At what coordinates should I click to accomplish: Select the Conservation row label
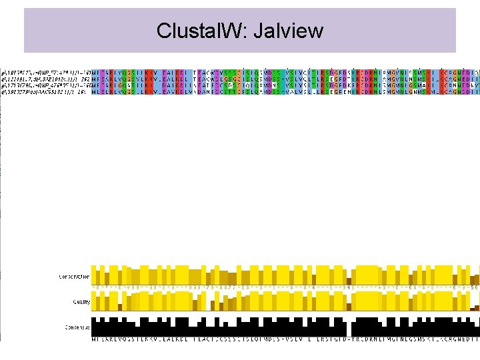point(74,276)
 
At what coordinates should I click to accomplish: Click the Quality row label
point(81,301)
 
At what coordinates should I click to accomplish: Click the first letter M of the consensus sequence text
point(94,339)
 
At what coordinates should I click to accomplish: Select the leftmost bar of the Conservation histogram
point(94,275)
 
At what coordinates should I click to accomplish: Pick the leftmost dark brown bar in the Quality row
point(120,307)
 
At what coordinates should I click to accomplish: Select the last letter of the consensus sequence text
point(477,339)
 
